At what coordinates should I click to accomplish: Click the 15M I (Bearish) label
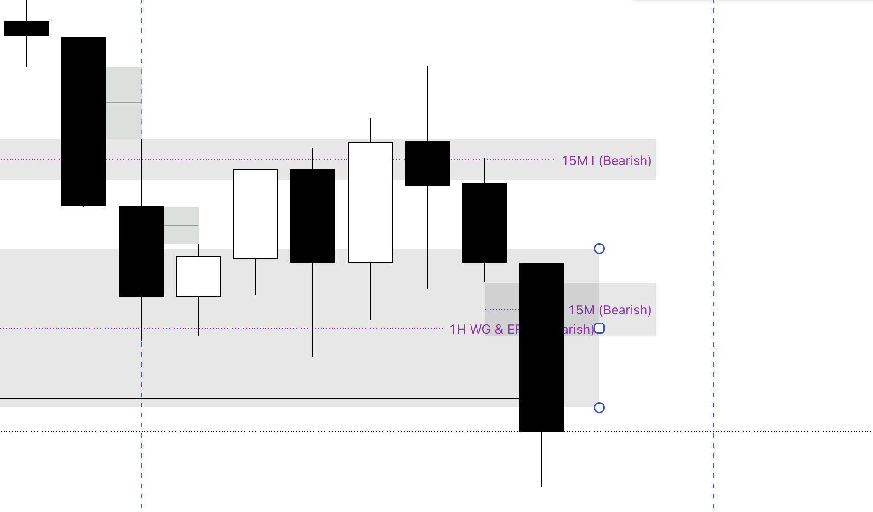[606, 160]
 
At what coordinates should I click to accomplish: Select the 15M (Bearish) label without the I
[610, 310]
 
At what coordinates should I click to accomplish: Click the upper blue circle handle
[599, 249]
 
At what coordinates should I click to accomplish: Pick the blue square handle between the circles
[599, 328]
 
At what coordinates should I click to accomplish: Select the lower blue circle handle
[599, 408]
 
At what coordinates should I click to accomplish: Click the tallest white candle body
[370, 203]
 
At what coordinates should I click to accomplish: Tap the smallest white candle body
[198, 277]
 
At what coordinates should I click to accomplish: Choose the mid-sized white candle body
[256, 214]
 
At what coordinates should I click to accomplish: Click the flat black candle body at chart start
[27, 28]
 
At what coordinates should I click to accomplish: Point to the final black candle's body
[542, 347]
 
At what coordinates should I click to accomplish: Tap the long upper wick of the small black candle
[427, 103]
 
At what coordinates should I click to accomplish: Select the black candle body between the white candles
[313, 216]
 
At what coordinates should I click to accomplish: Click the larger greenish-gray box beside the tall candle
[124, 103]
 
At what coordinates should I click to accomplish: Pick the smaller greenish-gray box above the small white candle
[181, 226]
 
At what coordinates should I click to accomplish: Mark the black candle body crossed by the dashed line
[141, 251]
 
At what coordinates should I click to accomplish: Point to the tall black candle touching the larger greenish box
[84, 121]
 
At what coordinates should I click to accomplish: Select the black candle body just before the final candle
[485, 223]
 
